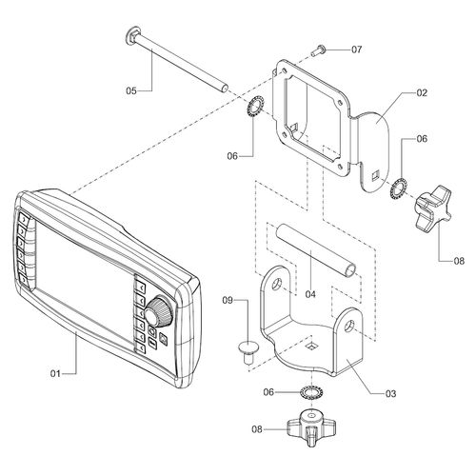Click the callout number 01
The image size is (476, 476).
click(55, 373)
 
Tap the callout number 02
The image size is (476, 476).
click(422, 92)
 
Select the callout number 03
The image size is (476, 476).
click(390, 393)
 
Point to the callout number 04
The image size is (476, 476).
click(310, 294)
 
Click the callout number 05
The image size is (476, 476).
click(131, 91)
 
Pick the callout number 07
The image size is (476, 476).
click(356, 50)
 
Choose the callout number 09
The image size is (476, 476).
click(228, 300)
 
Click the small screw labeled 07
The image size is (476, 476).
click(316, 51)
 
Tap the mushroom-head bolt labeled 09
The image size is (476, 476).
click(248, 352)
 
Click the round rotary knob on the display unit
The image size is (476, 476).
click(159, 311)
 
